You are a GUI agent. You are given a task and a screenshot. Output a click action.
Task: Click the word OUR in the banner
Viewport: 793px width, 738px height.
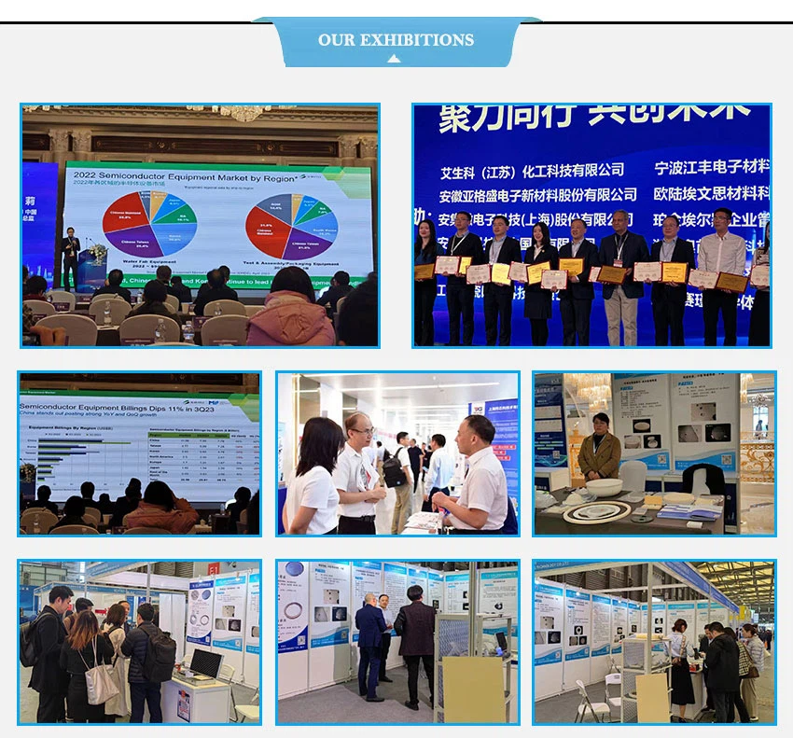tap(337, 40)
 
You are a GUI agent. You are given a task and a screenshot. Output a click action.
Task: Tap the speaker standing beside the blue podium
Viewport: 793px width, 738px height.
tap(71, 258)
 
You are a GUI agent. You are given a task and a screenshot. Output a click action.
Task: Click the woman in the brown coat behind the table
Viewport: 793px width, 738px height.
tap(598, 448)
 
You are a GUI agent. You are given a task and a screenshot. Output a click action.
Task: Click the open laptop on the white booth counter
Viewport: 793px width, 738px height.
tap(205, 664)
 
